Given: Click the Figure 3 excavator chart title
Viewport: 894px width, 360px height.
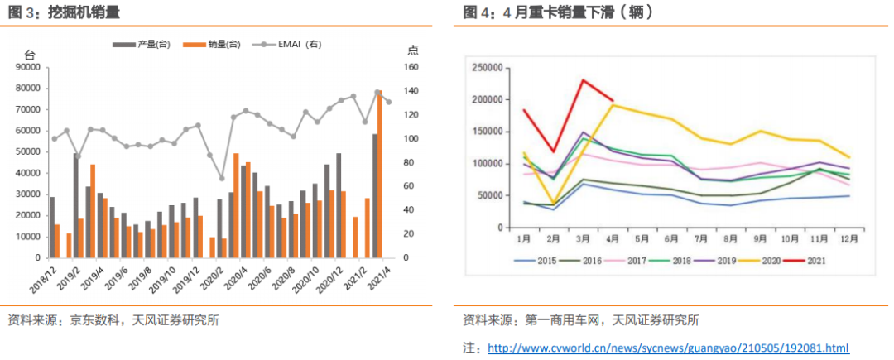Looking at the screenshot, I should pyautogui.click(x=63, y=12).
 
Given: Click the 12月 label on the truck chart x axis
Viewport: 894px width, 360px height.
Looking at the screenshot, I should pyautogui.click(x=848, y=239).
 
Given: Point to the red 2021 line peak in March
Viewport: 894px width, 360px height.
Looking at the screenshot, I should pyautogui.click(x=583, y=80).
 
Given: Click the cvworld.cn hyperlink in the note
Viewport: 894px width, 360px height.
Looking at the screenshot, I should pyautogui.click(x=668, y=348).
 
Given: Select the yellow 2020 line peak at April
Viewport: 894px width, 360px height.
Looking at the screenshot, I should pyautogui.click(x=613, y=105).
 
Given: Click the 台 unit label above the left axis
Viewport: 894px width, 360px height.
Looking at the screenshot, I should pyautogui.click(x=31, y=50).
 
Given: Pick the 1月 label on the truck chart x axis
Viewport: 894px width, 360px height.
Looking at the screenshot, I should pyautogui.click(x=523, y=239).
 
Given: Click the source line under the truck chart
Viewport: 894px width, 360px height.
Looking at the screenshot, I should pyautogui.click(x=580, y=320).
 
